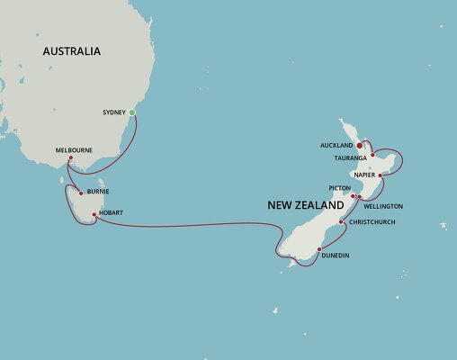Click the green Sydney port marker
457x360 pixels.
tap(132, 112)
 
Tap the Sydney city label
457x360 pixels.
tap(113, 112)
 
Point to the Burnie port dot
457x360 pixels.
tap(80, 193)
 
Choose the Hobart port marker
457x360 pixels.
tap(93, 213)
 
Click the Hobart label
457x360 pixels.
tap(112, 213)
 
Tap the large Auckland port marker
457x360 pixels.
tap(360, 144)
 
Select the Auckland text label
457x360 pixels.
tap(336, 144)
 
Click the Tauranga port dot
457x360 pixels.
tap(372, 155)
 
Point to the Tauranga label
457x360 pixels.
tap(351, 157)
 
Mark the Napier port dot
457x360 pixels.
tap(381, 175)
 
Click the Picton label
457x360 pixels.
tap(340, 188)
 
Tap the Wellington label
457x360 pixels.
tap(383, 206)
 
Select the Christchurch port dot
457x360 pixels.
tap(341, 221)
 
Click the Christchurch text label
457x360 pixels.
tap(372, 221)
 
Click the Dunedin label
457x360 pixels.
tap(335, 256)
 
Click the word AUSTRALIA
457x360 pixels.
tap(71, 52)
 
